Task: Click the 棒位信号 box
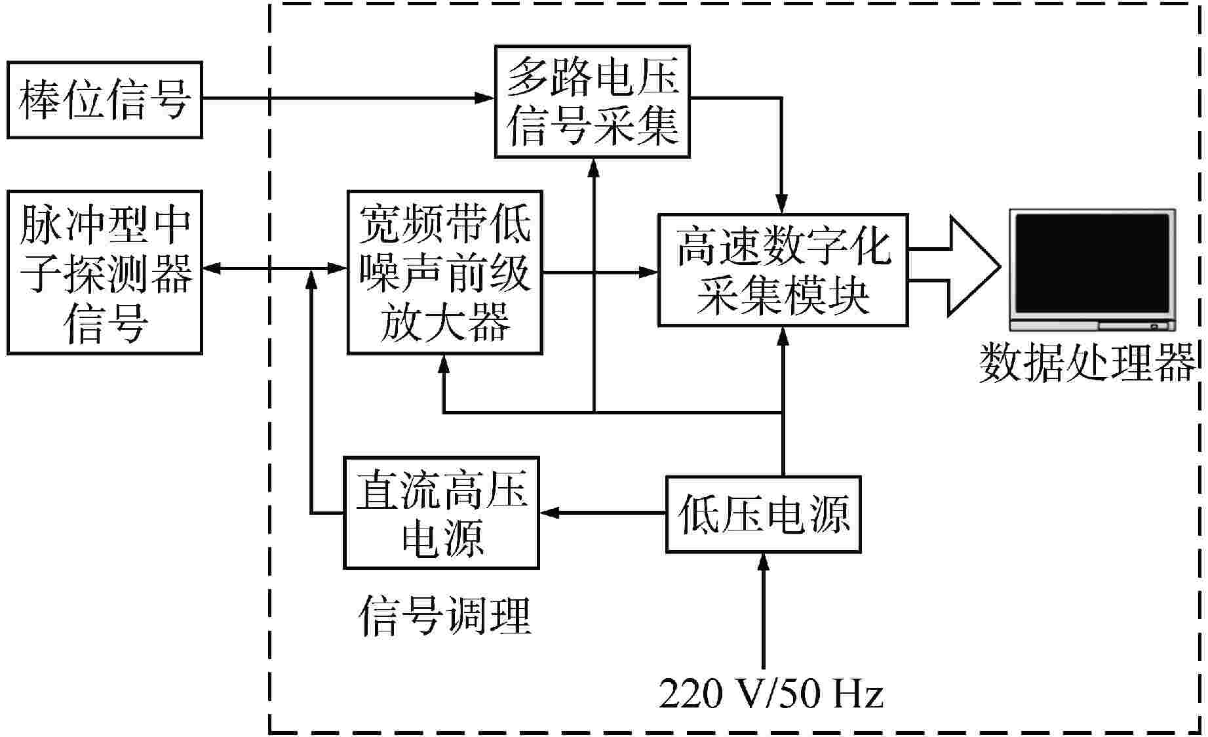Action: (104, 100)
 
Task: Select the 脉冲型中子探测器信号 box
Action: (104, 272)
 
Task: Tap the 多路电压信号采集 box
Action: (592, 102)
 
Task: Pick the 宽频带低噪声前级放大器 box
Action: (444, 272)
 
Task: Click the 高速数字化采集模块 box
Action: (783, 269)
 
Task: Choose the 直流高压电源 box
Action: (441, 512)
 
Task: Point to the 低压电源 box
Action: (763, 514)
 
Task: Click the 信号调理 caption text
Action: (444, 615)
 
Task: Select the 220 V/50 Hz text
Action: (771, 693)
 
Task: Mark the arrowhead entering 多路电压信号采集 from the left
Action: (485, 98)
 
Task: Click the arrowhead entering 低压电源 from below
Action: (763, 561)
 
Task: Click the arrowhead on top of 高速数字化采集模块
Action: (781, 205)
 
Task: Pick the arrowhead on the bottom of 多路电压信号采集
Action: (594, 167)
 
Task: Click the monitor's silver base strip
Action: (1091, 325)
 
